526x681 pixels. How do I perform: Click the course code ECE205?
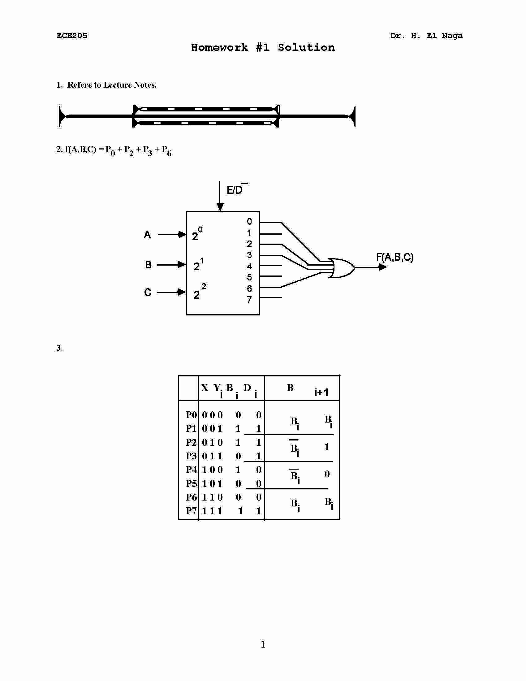72,36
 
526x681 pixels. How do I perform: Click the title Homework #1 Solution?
263,47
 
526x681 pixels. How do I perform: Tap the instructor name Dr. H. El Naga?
426,36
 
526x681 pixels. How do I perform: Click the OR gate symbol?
342,268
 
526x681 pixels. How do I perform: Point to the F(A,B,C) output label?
394,257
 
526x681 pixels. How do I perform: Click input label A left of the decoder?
147,235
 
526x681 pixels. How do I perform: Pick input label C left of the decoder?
147,292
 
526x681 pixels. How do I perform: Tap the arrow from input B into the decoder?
171,265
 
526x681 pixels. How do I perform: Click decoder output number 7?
249,300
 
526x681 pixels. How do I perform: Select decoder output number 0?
249,221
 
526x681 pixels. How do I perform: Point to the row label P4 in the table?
191,470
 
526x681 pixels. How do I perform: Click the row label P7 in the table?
191,511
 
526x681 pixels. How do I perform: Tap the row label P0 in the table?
191,415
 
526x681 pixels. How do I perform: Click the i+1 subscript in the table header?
321,392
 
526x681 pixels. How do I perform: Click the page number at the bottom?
263,644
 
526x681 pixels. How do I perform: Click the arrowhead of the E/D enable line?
220,207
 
